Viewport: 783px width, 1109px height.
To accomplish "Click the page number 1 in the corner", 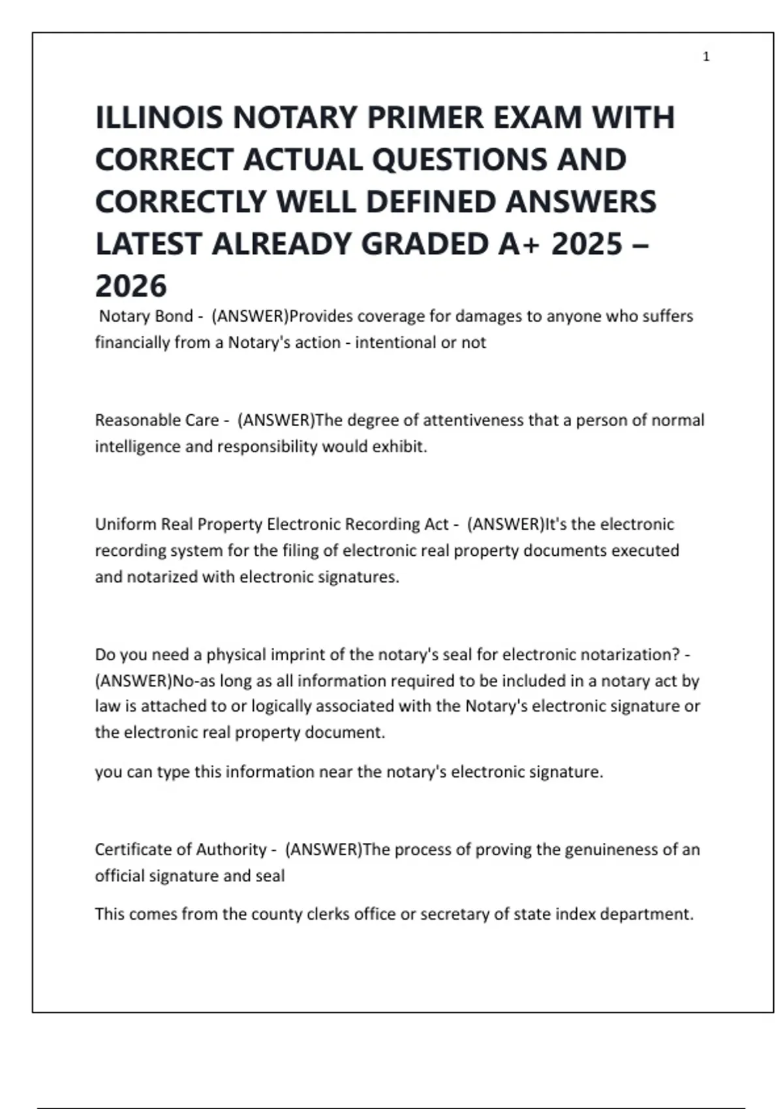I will point(706,57).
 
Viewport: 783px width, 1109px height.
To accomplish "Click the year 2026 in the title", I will point(131,286).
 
